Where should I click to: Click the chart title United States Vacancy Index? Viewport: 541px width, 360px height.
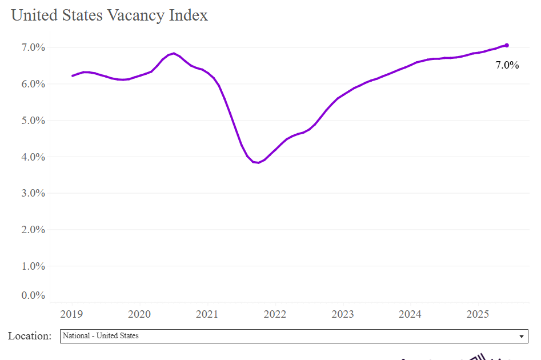110,15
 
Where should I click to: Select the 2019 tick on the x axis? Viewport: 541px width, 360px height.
72,314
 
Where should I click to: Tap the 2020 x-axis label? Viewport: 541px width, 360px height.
139,314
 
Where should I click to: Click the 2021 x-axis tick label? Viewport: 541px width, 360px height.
207,314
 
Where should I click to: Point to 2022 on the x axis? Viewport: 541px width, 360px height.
275,314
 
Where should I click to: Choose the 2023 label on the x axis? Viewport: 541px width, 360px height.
343,314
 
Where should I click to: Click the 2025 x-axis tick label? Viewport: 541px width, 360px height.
478,314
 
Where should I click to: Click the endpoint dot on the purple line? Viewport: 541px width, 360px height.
507,45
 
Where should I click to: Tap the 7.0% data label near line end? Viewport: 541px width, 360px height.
507,66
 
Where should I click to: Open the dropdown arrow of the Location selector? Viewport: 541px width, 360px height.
521,337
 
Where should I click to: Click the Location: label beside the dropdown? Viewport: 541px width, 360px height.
30,336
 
